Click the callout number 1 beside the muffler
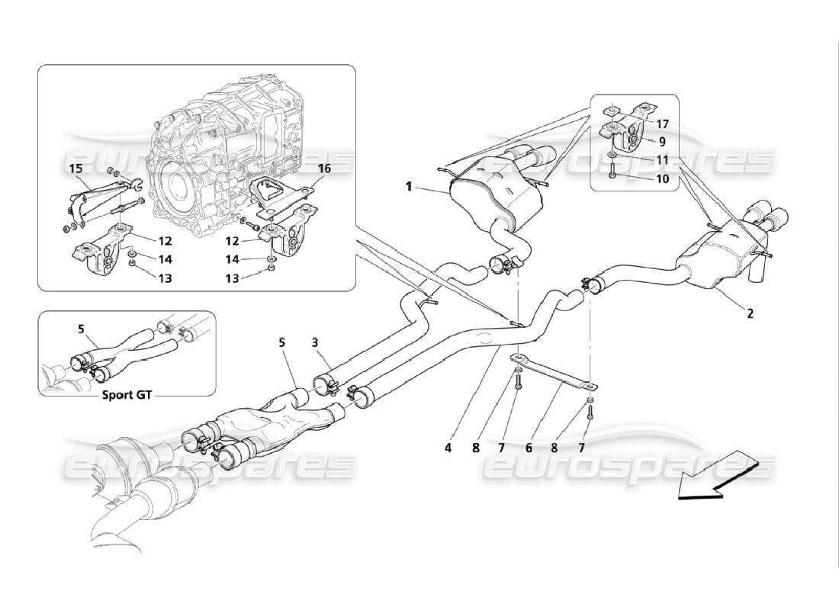click(410, 186)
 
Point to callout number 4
click(449, 448)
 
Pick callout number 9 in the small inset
click(662, 140)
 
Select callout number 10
click(662, 179)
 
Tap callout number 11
click(662, 160)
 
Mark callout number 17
click(662, 123)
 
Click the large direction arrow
click(717, 476)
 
